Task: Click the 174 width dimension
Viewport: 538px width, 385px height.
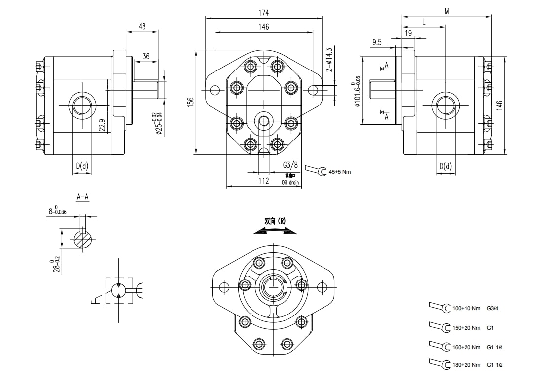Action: pos(264,12)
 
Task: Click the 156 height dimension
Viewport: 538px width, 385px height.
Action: pos(190,102)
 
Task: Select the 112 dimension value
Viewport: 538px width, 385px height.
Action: pos(264,181)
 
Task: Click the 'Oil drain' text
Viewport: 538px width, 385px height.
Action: pos(290,182)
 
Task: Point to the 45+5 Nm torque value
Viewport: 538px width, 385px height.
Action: pos(340,172)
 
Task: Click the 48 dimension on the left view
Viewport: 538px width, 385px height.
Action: pos(142,27)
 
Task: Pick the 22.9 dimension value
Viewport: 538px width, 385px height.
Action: pos(102,126)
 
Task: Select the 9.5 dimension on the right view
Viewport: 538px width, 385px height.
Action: pos(377,42)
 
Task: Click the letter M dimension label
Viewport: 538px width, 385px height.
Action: pos(447,11)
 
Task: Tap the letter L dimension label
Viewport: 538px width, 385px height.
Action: pos(424,22)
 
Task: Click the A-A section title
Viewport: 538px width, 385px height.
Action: pos(82,197)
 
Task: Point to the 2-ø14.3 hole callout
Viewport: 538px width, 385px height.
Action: pos(329,60)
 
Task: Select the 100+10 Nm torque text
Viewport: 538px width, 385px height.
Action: pos(466,309)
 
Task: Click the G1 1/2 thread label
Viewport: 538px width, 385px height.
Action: pos(495,365)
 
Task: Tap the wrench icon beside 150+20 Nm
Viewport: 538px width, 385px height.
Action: pos(440,326)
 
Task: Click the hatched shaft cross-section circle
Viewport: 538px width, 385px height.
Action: pos(83,240)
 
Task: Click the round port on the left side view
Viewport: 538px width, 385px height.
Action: pos(81,105)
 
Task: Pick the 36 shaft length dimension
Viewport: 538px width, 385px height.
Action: pos(146,57)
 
